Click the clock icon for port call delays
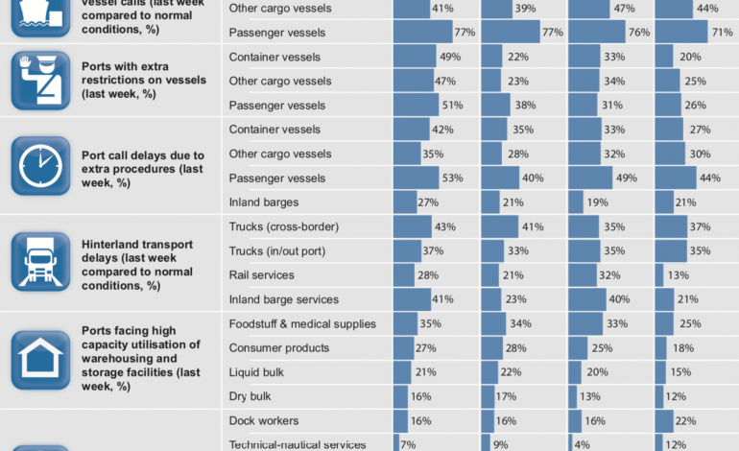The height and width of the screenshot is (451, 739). (40, 166)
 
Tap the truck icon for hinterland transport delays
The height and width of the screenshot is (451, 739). (40, 262)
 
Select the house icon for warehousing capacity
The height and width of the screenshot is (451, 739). (40, 359)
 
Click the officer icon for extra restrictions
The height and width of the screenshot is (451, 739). (40, 81)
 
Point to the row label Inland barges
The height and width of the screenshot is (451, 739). (264, 202)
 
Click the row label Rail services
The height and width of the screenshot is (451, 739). (261, 275)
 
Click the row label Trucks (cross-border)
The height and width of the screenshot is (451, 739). (284, 226)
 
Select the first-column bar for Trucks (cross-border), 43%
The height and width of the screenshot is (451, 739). (412, 226)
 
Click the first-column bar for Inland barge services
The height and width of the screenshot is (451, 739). (411, 299)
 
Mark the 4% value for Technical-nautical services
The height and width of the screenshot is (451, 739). (584, 444)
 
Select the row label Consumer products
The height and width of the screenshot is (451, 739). (279, 347)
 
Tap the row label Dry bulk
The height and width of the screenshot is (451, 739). (250, 395)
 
